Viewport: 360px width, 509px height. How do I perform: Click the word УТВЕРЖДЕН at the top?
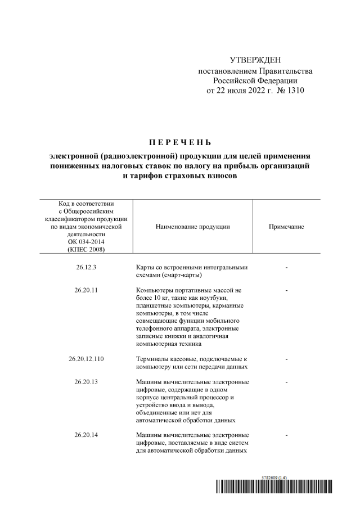pos(254,60)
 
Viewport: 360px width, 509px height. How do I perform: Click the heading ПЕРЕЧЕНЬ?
pos(180,141)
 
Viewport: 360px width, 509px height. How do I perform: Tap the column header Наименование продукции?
pos(194,226)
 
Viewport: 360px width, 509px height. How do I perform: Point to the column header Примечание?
pos(287,226)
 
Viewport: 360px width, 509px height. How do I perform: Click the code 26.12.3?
pos(86,268)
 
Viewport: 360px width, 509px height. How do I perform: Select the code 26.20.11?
pos(86,290)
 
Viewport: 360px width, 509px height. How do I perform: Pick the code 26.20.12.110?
pos(86,358)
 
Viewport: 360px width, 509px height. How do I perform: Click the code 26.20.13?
pos(86,382)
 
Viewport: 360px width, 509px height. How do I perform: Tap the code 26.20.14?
pos(86,435)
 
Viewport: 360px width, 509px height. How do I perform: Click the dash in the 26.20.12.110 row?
pos(287,358)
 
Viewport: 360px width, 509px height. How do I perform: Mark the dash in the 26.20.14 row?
pos(287,435)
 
